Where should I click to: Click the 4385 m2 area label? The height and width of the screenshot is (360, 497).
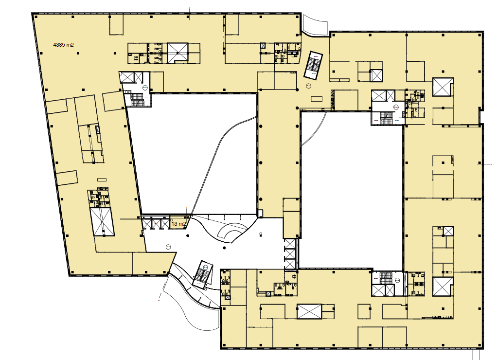[x=63, y=45]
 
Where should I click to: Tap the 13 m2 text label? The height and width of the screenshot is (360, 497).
[x=178, y=224]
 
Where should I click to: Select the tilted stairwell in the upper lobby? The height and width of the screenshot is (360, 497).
[x=313, y=65]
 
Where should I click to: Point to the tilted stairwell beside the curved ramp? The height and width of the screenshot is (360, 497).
[x=202, y=275]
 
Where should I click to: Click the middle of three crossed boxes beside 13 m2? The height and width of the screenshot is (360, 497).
[x=156, y=224]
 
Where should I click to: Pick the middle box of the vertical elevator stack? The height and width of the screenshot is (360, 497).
[x=290, y=254]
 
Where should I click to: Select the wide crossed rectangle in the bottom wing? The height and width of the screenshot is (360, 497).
[x=309, y=311]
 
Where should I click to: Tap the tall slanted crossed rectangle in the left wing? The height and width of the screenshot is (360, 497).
[x=102, y=222]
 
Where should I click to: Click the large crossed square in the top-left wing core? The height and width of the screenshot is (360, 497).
[x=178, y=53]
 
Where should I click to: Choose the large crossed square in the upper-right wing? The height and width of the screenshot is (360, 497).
[x=443, y=87]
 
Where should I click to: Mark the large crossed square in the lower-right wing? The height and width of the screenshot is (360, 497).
[x=443, y=287]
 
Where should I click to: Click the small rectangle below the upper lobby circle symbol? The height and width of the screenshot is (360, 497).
[x=316, y=99]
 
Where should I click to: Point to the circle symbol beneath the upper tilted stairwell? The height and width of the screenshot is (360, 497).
[x=308, y=86]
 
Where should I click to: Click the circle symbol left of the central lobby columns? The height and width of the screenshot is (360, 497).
[x=168, y=247]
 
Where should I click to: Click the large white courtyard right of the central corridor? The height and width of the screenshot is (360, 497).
[x=351, y=190]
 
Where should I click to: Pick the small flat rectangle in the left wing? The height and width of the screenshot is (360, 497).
[x=102, y=180]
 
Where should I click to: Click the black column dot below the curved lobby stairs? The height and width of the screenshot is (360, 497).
[x=224, y=248]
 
